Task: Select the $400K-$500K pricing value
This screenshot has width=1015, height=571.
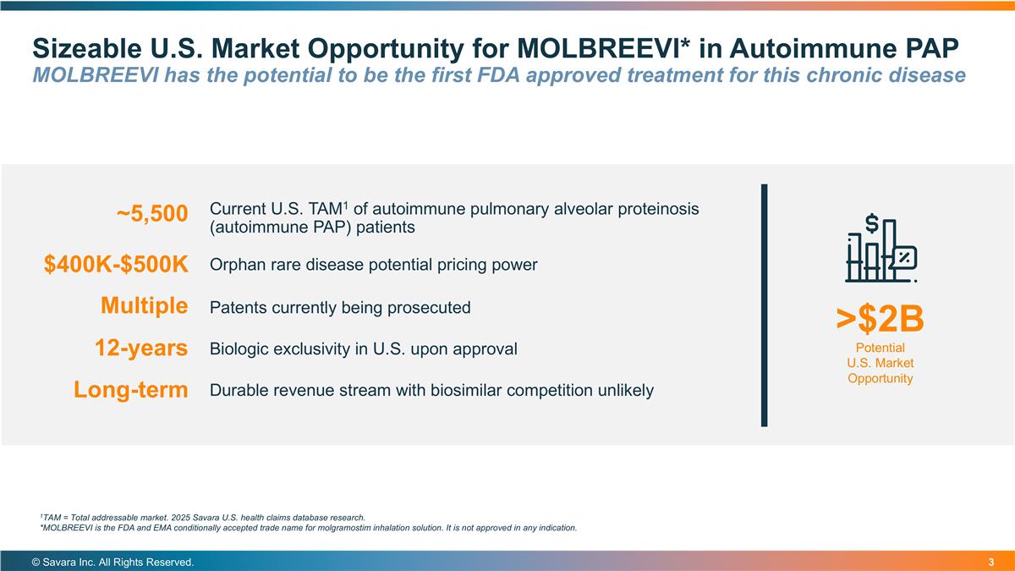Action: click(116, 265)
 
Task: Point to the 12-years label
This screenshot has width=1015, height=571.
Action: click(141, 348)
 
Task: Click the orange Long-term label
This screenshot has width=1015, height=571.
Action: click(130, 390)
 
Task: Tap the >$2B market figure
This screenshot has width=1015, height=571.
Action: click(880, 319)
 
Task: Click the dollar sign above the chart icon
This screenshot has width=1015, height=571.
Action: click(872, 222)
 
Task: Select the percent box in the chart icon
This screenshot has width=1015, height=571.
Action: click(903, 257)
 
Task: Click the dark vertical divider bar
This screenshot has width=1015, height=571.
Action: click(765, 305)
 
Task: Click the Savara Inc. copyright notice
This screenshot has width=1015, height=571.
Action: click(112, 562)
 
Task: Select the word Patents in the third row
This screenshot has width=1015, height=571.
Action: click(237, 307)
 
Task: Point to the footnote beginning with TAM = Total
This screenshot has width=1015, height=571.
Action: click(203, 517)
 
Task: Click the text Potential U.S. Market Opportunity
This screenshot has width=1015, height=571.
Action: click(880, 363)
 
